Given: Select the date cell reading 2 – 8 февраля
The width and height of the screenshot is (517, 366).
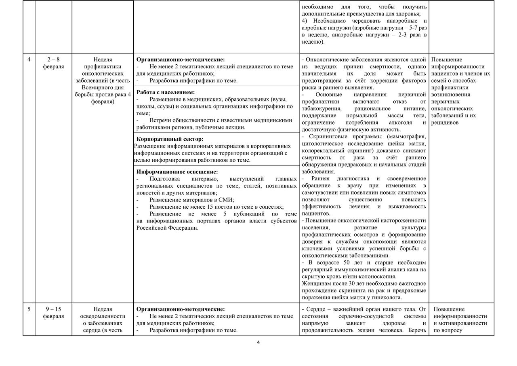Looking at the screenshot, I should pyautogui.click(x=53, y=63).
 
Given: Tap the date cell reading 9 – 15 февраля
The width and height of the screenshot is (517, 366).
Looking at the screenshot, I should pyautogui.click(x=53, y=313).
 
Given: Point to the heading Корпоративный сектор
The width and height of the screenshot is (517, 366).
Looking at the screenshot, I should pyautogui.click(x=170, y=139).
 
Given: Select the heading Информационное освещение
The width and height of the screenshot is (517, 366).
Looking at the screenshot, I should pyautogui.click(x=177, y=172).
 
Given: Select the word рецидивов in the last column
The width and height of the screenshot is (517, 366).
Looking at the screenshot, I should pyautogui.click(x=445, y=123).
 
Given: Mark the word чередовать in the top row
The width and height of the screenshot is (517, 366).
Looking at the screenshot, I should pyautogui.click(x=356, y=21).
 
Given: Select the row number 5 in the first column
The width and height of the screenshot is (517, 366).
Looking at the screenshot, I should pyautogui.click(x=29, y=309).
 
